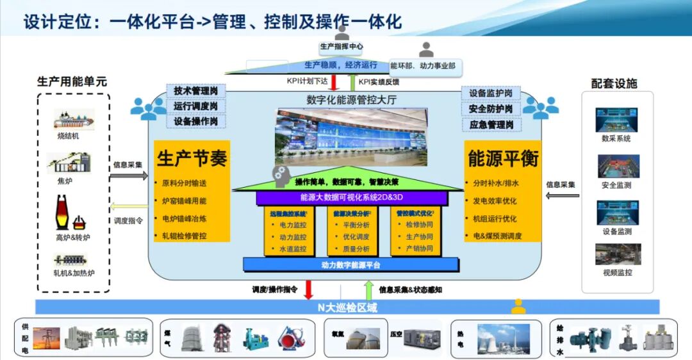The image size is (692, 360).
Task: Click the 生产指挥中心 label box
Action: [x=342, y=47]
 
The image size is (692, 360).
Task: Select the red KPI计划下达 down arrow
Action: [x=334, y=82]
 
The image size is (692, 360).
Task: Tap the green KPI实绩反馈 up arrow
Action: [x=352, y=82]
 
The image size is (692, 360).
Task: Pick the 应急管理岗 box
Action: [x=491, y=124]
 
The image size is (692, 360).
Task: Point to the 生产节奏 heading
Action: [x=192, y=158]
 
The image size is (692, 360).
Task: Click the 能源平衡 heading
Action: [x=503, y=158]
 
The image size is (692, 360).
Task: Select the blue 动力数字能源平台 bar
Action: [x=350, y=265]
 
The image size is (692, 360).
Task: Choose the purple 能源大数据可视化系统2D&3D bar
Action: [x=350, y=198]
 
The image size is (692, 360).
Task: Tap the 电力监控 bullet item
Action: [x=293, y=225]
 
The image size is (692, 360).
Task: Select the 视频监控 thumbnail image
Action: [x=618, y=254]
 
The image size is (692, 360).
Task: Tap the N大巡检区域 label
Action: [x=347, y=307]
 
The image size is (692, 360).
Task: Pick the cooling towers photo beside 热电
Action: [x=503, y=339]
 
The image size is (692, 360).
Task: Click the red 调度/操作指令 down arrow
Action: [x=308, y=290]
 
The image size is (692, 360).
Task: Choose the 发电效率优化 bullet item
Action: [x=494, y=200]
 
